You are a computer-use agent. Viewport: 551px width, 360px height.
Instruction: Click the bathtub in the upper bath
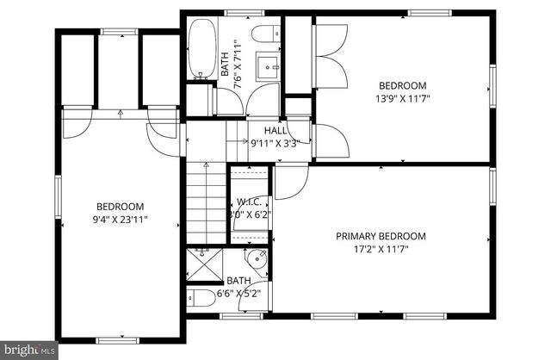[203, 49]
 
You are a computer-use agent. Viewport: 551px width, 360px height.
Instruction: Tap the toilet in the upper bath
[263, 34]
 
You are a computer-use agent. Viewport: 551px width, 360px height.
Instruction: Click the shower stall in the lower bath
[202, 263]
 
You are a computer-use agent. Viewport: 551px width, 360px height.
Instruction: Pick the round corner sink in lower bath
[257, 259]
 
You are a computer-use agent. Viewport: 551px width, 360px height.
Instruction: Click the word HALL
[275, 131]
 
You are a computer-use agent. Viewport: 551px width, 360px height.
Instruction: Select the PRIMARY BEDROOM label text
[381, 236]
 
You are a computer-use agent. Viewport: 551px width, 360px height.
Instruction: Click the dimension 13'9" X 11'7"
[403, 98]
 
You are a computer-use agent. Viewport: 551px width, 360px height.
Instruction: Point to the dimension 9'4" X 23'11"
[120, 219]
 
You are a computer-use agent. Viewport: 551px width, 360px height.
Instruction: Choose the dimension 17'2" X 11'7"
[381, 249]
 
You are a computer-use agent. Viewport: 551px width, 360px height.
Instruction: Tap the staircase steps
[206, 207]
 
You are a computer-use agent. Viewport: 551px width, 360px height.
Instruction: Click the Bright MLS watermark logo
[29, 350]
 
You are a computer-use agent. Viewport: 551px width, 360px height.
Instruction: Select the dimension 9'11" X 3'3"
[275, 144]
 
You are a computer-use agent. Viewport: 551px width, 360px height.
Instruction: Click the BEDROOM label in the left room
[120, 207]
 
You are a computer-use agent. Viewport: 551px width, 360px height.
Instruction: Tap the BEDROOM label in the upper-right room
[403, 85]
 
